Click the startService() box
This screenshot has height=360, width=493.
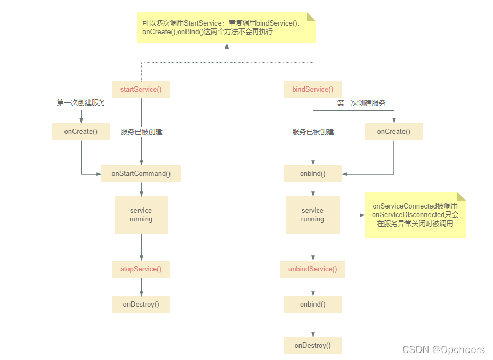(141, 90)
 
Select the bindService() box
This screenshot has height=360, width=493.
(312, 90)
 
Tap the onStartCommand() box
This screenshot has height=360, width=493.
(141, 174)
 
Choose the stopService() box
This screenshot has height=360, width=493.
(141, 269)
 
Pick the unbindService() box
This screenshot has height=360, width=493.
(312, 269)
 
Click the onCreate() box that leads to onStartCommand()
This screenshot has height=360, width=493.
(80, 132)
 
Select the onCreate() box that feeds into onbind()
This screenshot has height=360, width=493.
(393, 132)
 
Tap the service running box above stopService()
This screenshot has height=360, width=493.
(141, 215)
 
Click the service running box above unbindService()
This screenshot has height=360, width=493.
(312, 215)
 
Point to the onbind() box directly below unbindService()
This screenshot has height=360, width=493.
(312, 305)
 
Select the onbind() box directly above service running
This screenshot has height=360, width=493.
(312, 174)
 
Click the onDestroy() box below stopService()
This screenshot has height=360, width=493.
(141, 305)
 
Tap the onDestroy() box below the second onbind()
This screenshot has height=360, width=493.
(312, 346)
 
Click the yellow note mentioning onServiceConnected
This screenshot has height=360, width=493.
(415, 215)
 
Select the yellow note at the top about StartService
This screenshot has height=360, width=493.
(226, 28)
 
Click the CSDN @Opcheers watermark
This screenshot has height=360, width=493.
(443, 350)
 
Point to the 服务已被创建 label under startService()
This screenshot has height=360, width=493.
(141, 132)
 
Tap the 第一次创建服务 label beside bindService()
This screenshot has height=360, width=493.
(361, 103)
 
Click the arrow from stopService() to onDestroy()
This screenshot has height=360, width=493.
(141, 287)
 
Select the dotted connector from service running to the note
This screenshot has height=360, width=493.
(352, 215)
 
